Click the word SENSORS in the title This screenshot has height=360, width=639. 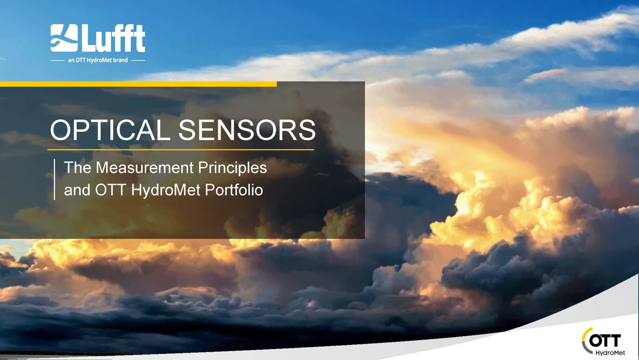click(247, 130)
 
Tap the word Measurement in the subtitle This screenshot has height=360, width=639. click(144, 168)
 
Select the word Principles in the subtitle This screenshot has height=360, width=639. click(232, 168)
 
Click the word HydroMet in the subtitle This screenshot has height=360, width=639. click(166, 190)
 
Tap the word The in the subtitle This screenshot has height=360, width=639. click(77, 168)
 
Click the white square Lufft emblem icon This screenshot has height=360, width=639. click(64, 38)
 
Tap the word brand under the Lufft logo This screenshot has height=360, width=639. click(120, 60)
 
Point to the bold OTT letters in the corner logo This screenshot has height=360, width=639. click(605, 341)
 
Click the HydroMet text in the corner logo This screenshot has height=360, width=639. click(610, 353)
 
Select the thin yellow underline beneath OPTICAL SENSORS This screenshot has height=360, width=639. click(181, 150)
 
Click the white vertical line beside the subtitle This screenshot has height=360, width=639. click(55, 179)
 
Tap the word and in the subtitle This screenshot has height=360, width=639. click(77, 190)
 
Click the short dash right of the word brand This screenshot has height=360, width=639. click(138, 60)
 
